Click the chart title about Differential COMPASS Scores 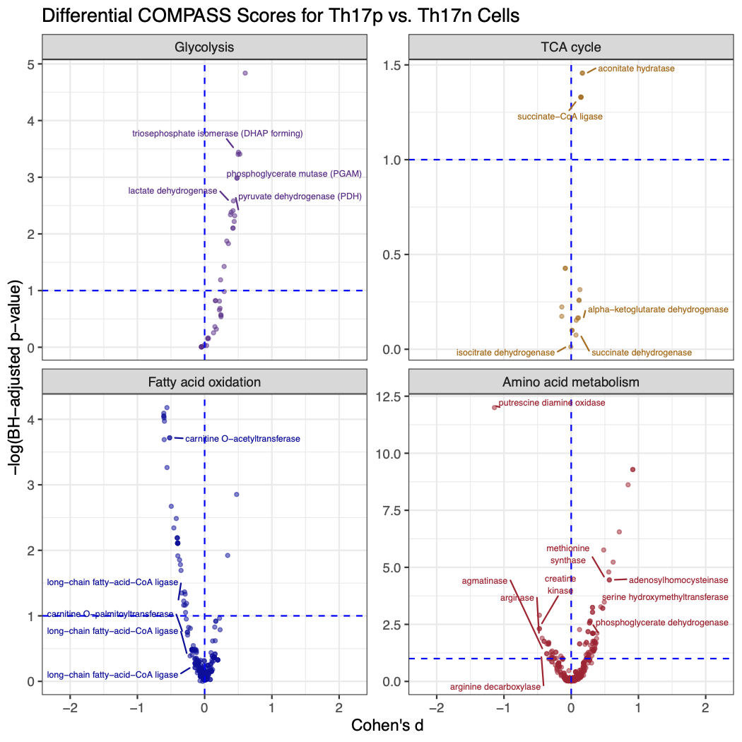pos(281,16)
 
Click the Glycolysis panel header pos(204,47)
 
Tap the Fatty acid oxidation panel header pos(204,382)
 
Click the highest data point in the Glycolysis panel pos(245,73)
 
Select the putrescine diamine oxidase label pos(551,403)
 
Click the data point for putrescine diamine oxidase pos(495,407)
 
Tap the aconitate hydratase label pos(636,69)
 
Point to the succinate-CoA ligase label pos(560,117)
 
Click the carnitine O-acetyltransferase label pos(242,439)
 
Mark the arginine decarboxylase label pos(495,687)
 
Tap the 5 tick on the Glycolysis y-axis pos(32,64)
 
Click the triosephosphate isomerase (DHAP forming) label pos(218,134)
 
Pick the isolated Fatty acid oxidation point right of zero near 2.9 pos(237,494)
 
